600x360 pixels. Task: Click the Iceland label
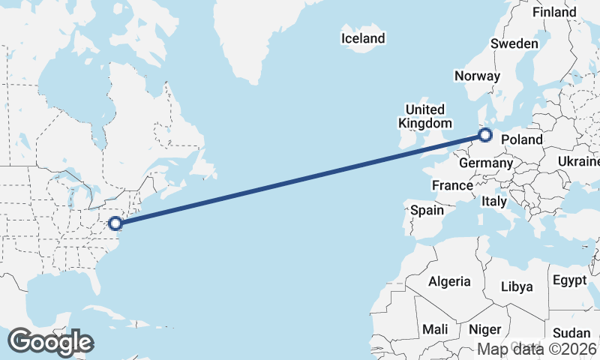tap(363, 38)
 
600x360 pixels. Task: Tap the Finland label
tap(554, 12)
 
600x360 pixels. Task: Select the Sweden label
tap(514, 43)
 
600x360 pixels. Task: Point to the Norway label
tap(477, 76)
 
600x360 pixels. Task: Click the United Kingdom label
tap(425, 116)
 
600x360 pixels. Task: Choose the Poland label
tap(521, 139)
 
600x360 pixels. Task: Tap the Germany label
tap(485, 163)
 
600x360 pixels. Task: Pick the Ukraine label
tap(578, 162)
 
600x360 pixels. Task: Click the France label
tap(452, 185)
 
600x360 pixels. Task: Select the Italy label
tap(494, 201)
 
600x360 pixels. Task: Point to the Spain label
tap(427, 211)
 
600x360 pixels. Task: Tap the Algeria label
tap(449, 282)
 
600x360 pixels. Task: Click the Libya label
tap(516, 286)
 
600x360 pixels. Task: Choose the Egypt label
tap(569, 280)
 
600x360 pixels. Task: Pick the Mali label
tap(435, 329)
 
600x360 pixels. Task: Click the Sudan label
tap(571, 333)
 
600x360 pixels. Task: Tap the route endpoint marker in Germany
tap(485, 136)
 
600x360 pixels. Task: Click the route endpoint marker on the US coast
tap(115, 223)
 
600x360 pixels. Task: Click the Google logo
tap(50, 341)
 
